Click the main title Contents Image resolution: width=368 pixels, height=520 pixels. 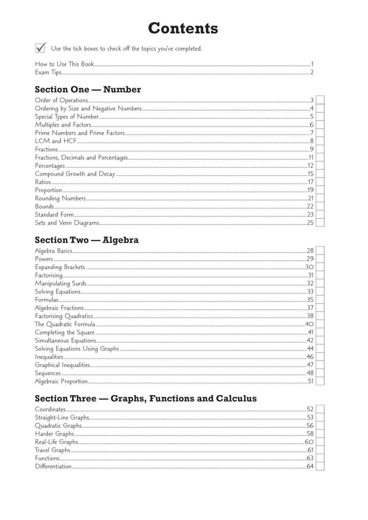click(x=183, y=28)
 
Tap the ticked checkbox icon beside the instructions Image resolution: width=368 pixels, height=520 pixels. click(x=40, y=48)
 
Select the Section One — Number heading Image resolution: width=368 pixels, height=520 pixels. click(x=88, y=89)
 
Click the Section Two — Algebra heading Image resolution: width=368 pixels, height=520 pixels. click(x=87, y=240)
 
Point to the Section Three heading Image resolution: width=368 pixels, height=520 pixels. click(x=146, y=398)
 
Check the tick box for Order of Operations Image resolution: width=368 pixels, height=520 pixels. click(x=320, y=100)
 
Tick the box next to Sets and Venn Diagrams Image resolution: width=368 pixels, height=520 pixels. click(x=320, y=223)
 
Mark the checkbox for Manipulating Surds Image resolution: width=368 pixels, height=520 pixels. click(x=320, y=283)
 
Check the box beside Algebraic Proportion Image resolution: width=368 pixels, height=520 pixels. click(x=320, y=381)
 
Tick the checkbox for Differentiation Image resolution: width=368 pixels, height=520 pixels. click(x=320, y=466)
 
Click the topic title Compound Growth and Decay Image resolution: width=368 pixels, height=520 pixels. click(x=75, y=174)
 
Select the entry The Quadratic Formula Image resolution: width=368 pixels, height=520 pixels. click(x=65, y=324)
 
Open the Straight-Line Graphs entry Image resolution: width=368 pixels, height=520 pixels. click(x=62, y=418)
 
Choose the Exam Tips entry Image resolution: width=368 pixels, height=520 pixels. click(x=48, y=72)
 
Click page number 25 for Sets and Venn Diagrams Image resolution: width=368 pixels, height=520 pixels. click(x=310, y=223)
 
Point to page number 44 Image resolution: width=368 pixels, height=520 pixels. click(x=310, y=349)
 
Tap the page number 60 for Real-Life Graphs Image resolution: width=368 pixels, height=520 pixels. click(x=309, y=442)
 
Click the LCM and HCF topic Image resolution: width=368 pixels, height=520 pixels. click(x=56, y=141)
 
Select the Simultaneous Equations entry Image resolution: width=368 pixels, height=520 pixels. click(x=65, y=341)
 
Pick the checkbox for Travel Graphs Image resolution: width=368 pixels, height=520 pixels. click(x=320, y=450)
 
